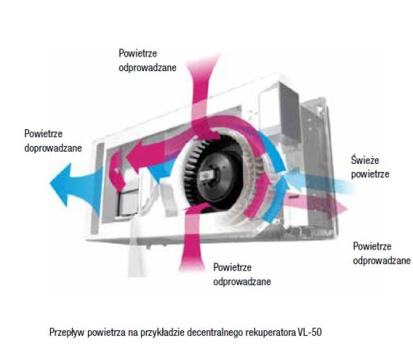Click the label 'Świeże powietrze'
[x=370, y=167]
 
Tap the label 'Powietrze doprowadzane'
[x=53, y=140]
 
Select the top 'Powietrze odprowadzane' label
[x=148, y=61]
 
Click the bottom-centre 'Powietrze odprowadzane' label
[x=242, y=274]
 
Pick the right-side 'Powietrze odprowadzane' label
[x=382, y=253]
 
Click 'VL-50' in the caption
[x=310, y=332]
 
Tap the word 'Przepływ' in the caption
[x=67, y=333]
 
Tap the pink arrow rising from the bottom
[x=193, y=237]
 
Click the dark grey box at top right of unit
[x=289, y=111]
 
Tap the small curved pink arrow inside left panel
[x=117, y=171]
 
